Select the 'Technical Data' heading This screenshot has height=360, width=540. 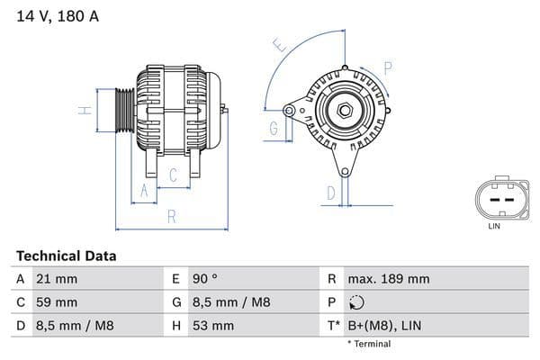pos(67,256)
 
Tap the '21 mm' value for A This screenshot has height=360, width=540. pos(55,279)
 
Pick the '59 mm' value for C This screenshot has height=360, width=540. pos(56,302)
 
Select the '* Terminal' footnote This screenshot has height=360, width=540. pos(369,344)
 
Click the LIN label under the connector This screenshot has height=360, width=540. pos(493,226)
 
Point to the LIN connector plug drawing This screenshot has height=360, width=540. pos(493,198)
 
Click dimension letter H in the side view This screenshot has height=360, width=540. pos(84,111)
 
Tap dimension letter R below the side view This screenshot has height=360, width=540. pos(170,217)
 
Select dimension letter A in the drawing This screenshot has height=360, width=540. pos(141,191)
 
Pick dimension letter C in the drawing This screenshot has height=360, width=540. pos(172,175)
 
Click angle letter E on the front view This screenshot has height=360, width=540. pos(280,44)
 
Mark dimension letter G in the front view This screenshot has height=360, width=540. pos(274,129)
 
